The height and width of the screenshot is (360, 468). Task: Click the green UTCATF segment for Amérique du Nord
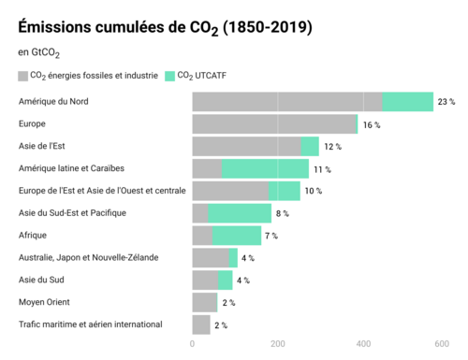[408, 102]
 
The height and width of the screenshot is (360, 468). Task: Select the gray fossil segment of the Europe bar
[274, 124]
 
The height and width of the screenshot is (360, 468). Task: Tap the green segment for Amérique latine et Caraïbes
[265, 168]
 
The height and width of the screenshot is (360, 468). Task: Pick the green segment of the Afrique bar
[237, 236]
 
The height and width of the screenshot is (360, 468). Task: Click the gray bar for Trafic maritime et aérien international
[201, 324]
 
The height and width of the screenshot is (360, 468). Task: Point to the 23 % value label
[446, 102]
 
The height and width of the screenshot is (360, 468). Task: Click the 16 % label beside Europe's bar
[372, 125]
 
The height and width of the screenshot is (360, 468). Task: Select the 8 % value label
[283, 213]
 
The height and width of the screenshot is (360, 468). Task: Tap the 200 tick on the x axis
[278, 344]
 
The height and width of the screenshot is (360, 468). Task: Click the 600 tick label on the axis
[442, 344]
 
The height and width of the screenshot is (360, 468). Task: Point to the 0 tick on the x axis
[192, 344]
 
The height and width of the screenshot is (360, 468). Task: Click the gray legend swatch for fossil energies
[23, 76]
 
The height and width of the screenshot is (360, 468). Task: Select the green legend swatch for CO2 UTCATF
[169, 76]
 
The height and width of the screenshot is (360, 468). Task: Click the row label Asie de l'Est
[42, 146]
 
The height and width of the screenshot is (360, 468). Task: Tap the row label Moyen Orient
[44, 302]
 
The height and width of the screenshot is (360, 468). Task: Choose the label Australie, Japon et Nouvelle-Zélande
[89, 258]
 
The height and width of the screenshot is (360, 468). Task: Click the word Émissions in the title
[54, 26]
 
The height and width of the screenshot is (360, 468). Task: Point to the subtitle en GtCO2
[38, 53]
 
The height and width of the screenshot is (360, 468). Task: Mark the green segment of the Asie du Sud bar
[226, 281]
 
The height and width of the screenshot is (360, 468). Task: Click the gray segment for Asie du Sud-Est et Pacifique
[200, 213]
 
